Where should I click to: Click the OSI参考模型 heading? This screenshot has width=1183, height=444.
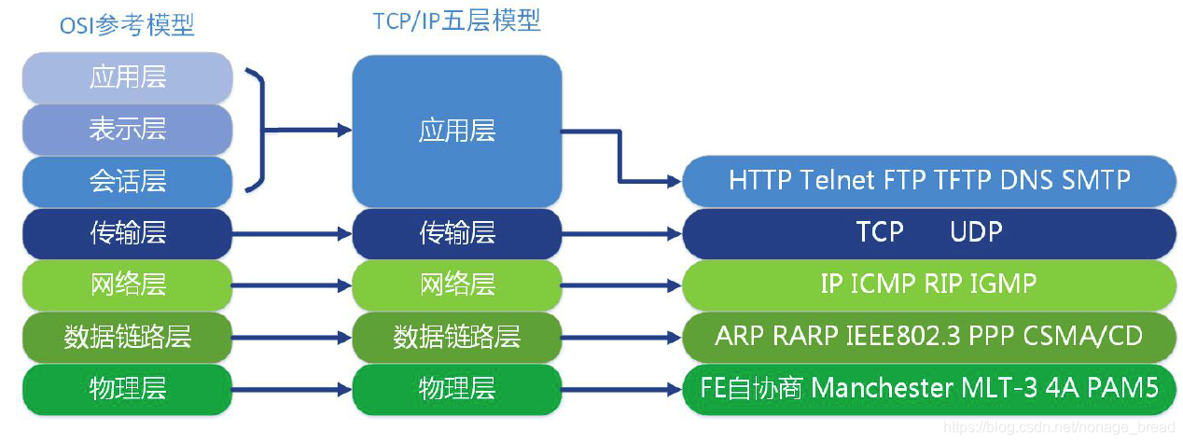[127, 25]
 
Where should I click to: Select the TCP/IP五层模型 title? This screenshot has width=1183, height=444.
[456, 21]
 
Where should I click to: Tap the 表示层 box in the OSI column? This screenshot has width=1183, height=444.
[127, 129]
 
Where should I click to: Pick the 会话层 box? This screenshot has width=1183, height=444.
[127, 180]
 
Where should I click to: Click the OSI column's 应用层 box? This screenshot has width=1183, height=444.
[127, 77]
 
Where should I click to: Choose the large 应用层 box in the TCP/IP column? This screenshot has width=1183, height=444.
[456, 131]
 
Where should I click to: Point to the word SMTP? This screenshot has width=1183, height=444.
[1096, 180]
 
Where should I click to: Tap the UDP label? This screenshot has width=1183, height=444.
[976, 232]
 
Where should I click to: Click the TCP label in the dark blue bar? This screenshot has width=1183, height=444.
[880, 232]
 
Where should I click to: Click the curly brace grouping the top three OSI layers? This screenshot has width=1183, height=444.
[258, 130]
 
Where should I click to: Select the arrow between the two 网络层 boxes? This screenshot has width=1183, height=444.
[291, 284]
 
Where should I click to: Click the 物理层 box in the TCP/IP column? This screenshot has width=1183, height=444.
[456, 388]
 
